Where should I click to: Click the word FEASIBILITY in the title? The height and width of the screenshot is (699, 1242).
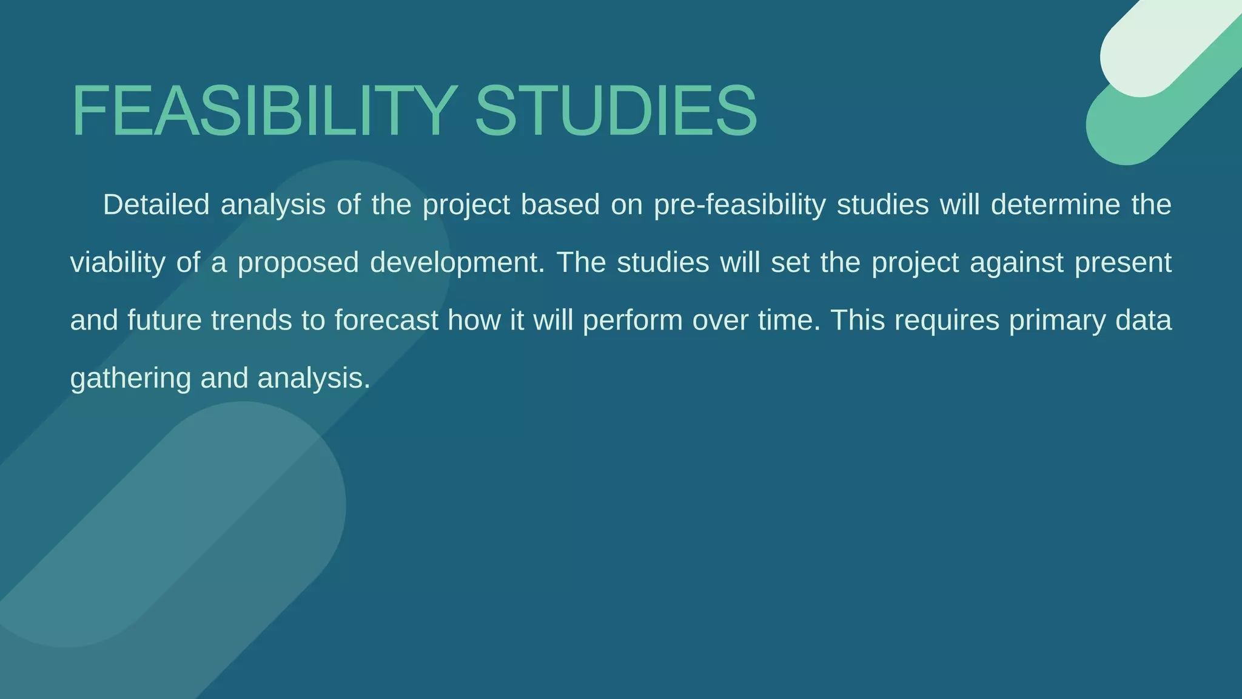tap(264, 111)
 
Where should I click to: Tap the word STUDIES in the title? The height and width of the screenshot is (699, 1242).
tap(616, 111)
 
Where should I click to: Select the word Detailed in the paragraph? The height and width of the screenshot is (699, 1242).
tap(156, 204)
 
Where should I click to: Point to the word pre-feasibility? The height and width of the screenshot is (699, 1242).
tap(740, 204)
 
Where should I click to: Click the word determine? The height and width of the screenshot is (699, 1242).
tap(1055, 204)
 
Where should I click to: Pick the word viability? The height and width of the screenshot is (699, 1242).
tap(118, 262)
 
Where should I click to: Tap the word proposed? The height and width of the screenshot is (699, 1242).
tap(298, 263)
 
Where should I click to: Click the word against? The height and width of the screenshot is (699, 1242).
tap(1016, 263)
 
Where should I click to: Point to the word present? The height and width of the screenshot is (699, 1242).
tap(1123, 263)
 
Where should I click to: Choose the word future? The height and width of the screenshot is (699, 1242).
tap(164, 320)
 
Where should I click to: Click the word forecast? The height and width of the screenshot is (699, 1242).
tap(386, 320)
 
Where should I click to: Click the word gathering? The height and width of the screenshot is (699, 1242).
tap(131, 379)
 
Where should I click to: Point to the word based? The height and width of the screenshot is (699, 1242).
tap(560, 204)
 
